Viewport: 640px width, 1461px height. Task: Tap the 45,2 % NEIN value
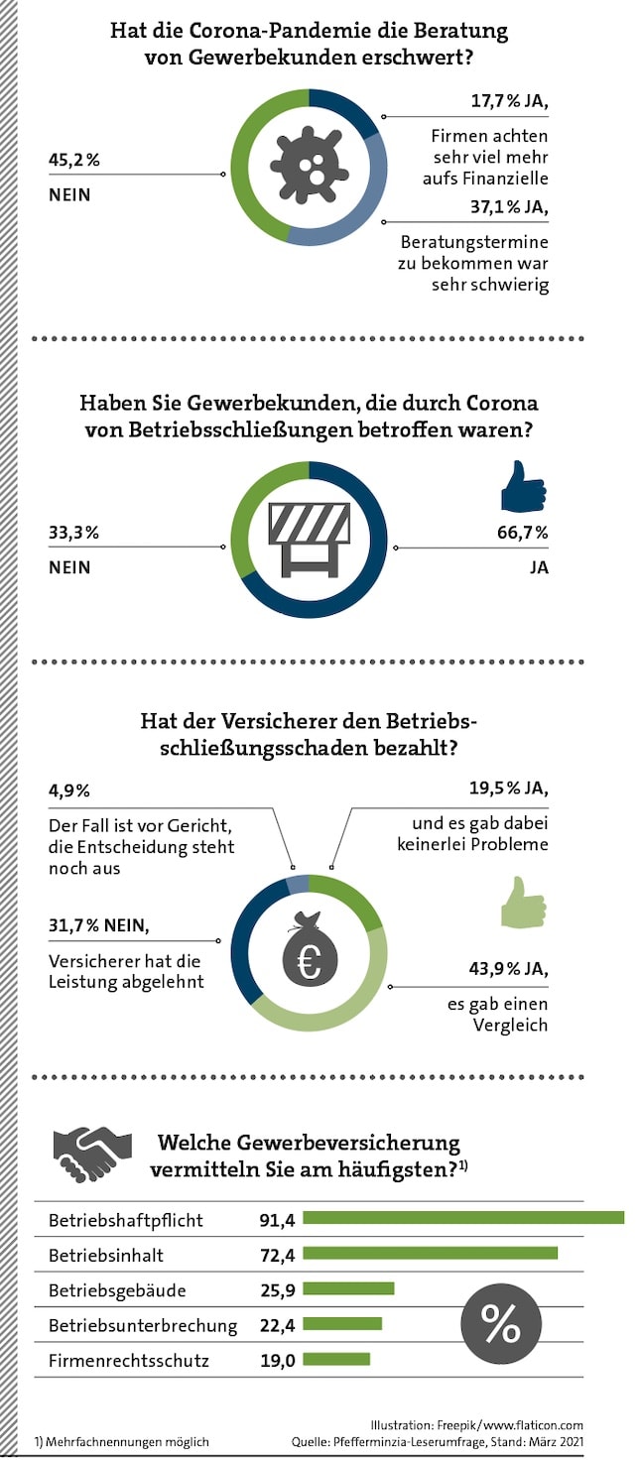pos(74,158)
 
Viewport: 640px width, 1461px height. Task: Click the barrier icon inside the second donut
pos(309,539)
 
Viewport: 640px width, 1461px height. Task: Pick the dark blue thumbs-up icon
pos(522,486)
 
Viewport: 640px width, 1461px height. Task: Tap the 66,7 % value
pos(522,533)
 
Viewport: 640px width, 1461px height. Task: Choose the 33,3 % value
pos(73,533)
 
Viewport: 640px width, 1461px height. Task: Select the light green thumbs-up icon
pos(522,902)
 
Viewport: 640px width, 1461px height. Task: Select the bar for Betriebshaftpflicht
pos(463,1218)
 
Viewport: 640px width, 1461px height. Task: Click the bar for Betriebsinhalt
pos(430,1254)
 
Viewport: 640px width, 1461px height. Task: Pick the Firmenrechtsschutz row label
pos(129,1361)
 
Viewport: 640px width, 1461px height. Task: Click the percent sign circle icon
pos(501,1322)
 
